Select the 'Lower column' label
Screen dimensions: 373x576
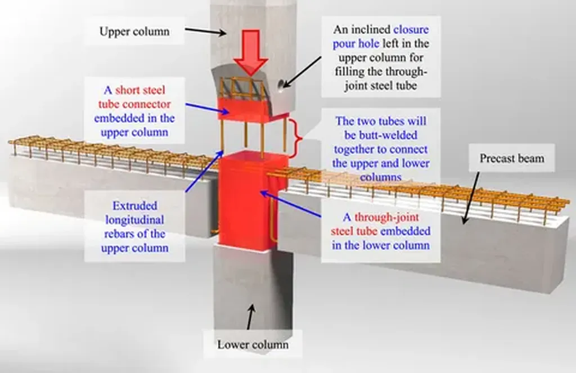coord(253,344)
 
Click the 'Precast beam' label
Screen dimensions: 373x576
coord(512,158)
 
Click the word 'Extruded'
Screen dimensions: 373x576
coord(134,205)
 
